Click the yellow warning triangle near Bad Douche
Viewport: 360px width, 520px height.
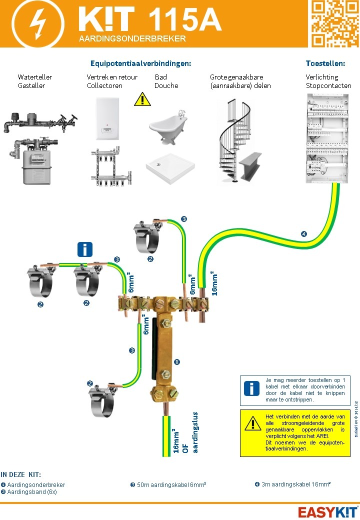(142, 99)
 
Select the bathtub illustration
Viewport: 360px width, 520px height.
(168, 122)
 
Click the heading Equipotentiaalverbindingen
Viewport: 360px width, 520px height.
(141, 63)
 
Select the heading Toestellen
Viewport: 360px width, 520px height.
(325, 63)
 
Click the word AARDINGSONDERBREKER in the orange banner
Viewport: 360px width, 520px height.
(132, 38)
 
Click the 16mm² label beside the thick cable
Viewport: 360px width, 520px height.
(214, 283)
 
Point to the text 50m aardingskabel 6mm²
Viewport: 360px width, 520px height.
(168, 484)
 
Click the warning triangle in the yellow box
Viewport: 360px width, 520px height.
(253, 423)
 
